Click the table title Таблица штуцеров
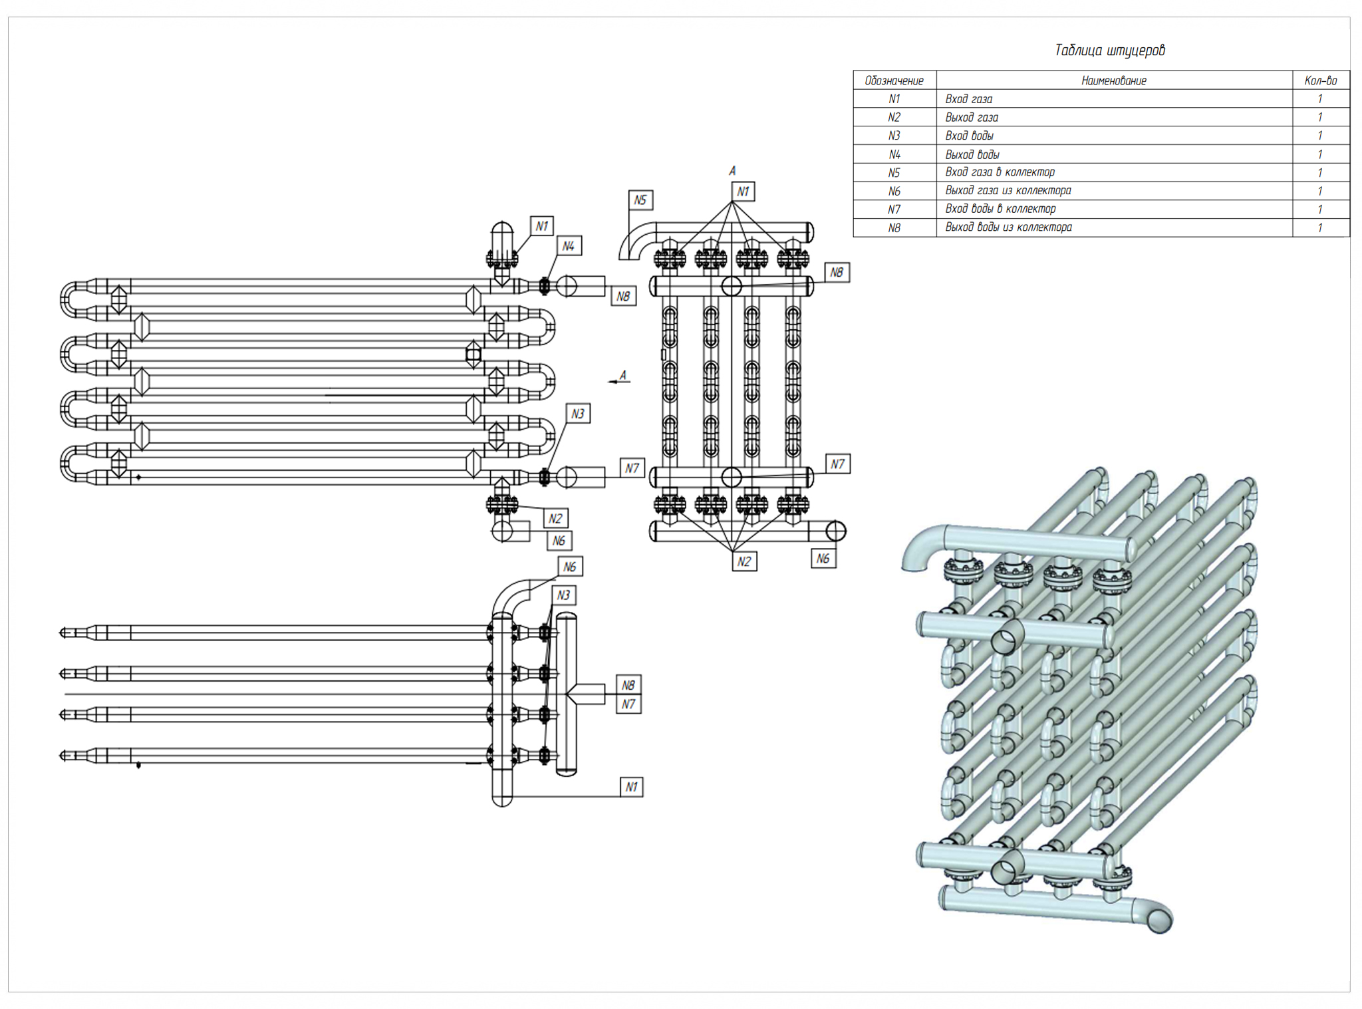click(x=1109, y=51)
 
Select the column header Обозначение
click(x=894, y=80)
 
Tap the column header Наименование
click(x=1113, y=80)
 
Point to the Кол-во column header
click(x=1320, y=80)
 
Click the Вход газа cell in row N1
click(x=969, y=99)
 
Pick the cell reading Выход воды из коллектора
click(x=1008, y=227)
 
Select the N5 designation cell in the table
click(x=894, y=173)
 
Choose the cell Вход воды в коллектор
click(x=1000, y=209)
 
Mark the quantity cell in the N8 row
click(x=1320, y=227)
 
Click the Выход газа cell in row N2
click(x=972, y=118)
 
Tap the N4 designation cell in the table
click(x=894, y=154)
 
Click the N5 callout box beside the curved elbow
click(x=640, y=200)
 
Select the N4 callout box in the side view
click(x=568, y=246)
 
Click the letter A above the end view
click(x=732, y=171)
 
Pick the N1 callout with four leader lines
click(x=743, y=192)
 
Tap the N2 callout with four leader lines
click(x=744, y=561)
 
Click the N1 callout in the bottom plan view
click(x=631, y=788)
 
